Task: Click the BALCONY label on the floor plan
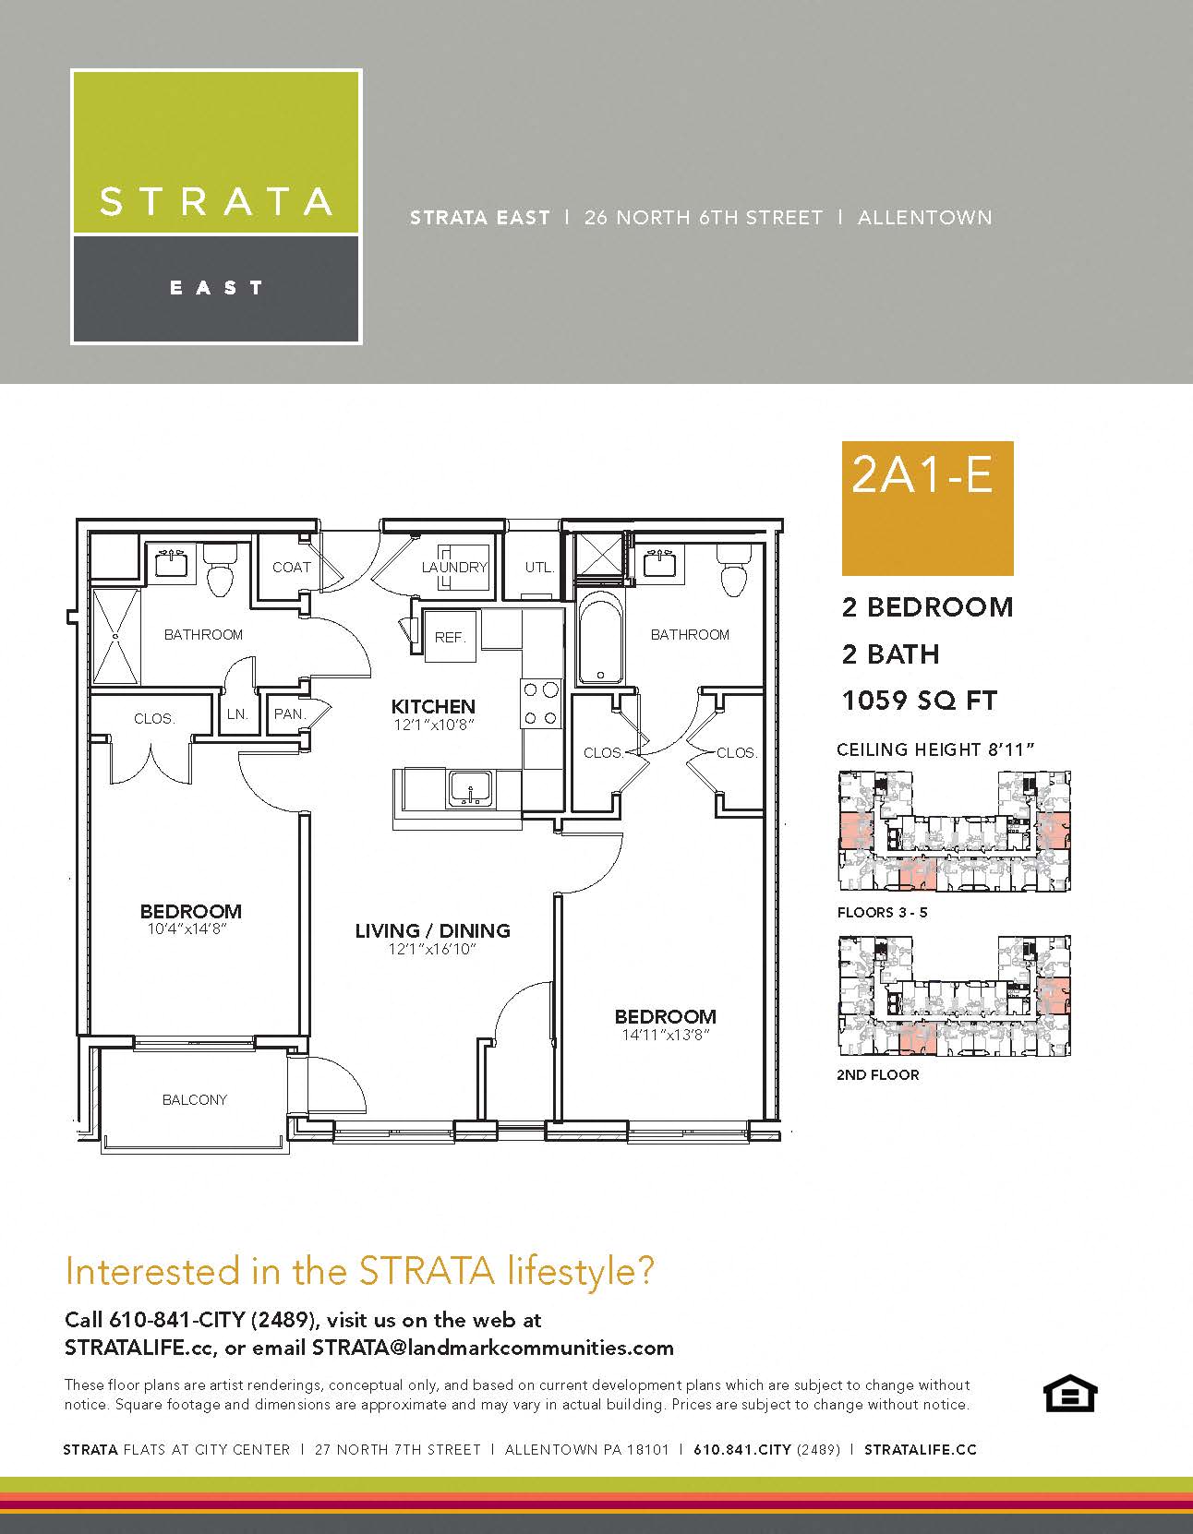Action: [x=194, y=1099]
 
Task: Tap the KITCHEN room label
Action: [x=433, y=706]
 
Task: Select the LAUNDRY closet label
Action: [x=453, y=567]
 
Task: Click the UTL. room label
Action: [x=539, y=567]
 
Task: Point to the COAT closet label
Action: [x=291, y=567]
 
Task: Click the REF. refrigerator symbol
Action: [x=451, y=637]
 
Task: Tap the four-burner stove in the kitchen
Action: [x=541, y=702]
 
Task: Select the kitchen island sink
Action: [x=472, y=790]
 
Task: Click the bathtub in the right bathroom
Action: [x=600, y=637]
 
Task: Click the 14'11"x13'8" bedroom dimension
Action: [x=665, y=1036]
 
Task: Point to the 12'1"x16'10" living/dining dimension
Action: [x=432, y=949]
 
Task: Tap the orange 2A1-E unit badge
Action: [x=927, y=508]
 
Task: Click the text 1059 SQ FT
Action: [x=920, y=701]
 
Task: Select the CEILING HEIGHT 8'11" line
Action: [x=934, y=749]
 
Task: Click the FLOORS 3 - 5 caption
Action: [x=882, y=912]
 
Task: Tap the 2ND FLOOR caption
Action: [x=877, y=1074]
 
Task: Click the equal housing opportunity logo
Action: [x=1069, y=1394]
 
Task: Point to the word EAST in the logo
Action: [x=216, y=288]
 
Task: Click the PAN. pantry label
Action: [x=289, y=713]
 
